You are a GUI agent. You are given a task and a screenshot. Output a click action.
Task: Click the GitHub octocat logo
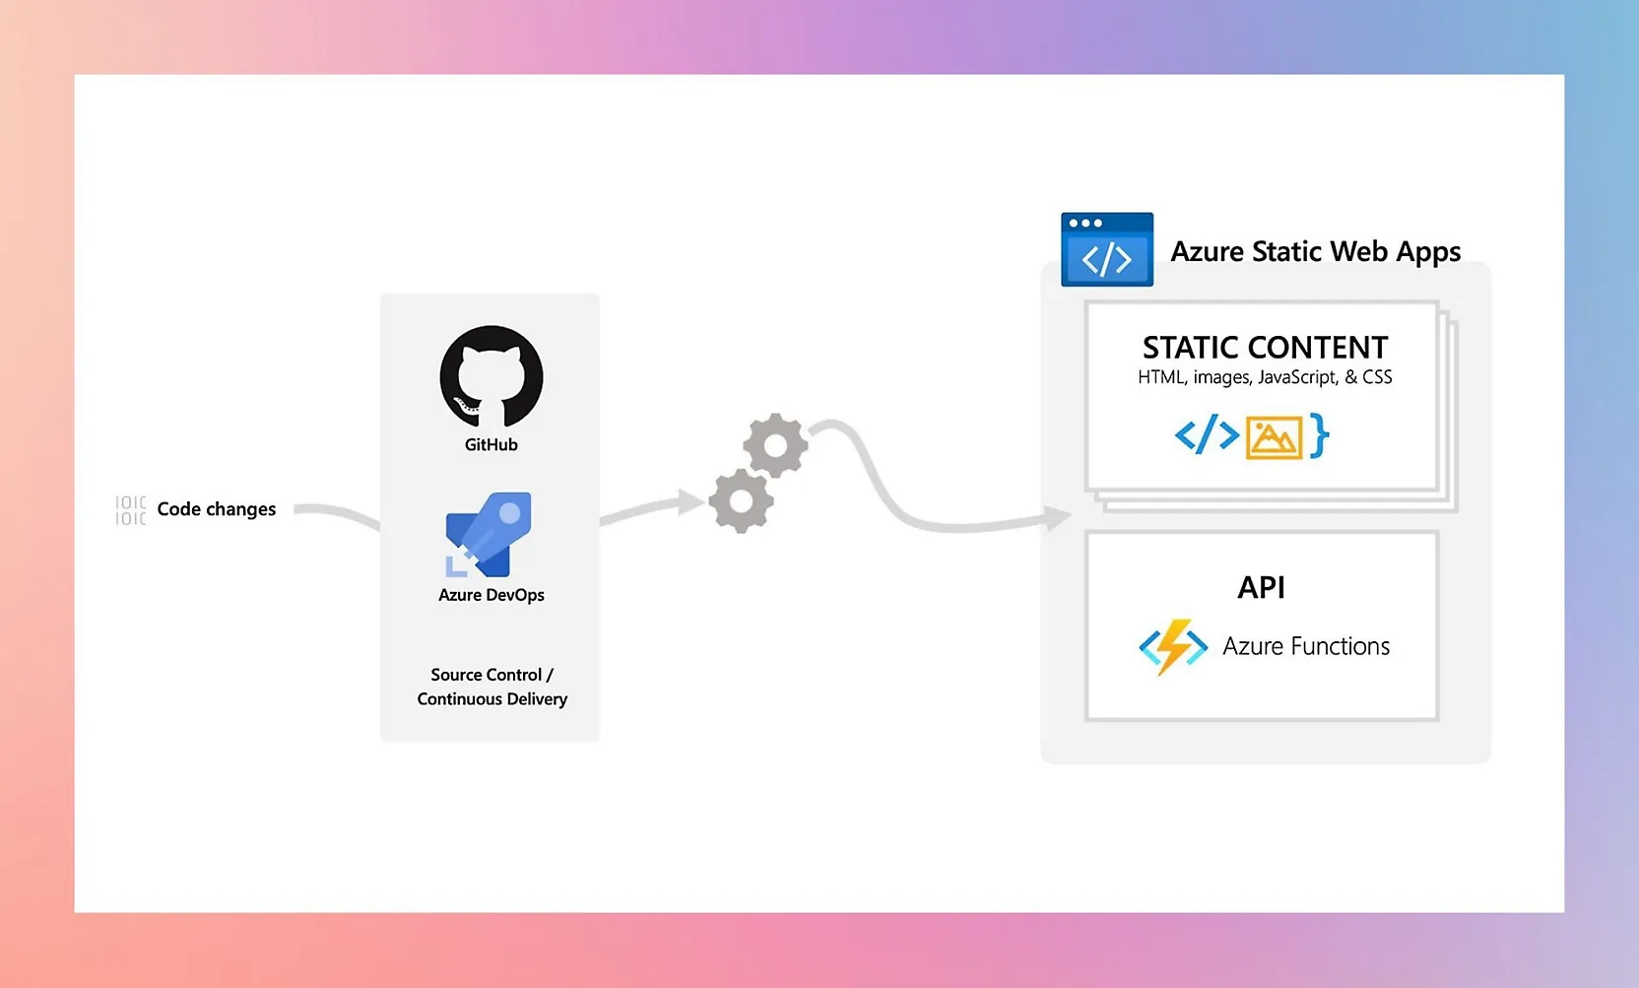[492, 377]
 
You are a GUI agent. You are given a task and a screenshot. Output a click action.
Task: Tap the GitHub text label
[492, 445]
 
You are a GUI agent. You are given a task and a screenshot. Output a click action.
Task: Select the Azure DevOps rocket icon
[490, 534]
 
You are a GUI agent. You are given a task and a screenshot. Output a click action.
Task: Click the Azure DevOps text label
[492, 595]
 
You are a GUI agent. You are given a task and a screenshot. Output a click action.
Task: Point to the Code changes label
[217, 509]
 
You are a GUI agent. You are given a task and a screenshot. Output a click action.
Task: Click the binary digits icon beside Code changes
[130, 510]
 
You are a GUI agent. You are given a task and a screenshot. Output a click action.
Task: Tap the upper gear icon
[775, 445]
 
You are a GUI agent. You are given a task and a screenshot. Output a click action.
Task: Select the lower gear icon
[742, 500]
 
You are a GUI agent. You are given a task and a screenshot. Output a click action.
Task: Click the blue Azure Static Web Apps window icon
[1106, 250]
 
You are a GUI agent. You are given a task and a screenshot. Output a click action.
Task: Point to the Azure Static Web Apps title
[1315, 252]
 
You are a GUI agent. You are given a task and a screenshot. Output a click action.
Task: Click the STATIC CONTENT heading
[1265, 348]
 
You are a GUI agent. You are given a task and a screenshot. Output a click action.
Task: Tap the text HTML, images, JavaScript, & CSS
[1265, 377]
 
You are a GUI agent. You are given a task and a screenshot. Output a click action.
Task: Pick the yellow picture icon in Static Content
[1274, 437]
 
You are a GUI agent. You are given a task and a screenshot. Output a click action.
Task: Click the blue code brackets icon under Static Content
[1207, 434]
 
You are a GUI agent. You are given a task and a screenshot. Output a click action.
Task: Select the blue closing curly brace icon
[1320, 435]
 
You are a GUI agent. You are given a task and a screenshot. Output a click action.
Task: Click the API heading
[1261, 588]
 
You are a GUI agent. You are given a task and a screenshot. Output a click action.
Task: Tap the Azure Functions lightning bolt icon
[1173, 646]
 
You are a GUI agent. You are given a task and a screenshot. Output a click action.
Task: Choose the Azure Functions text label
[1306, 646]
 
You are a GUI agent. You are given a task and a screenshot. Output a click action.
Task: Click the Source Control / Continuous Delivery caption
[492, 687]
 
